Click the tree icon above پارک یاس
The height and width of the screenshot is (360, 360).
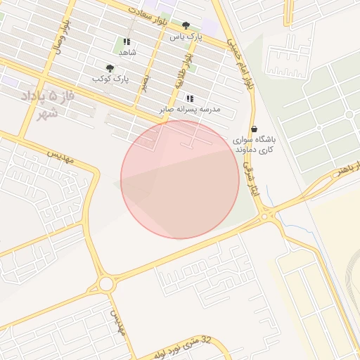point(186,25)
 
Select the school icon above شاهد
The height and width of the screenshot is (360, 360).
point(127,41)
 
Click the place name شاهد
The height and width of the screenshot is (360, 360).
point(127,52)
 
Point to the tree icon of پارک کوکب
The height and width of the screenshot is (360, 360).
point(110,68)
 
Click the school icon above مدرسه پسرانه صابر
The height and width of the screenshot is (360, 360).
point(190,98)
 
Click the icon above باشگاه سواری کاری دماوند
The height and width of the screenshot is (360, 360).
point(254,129)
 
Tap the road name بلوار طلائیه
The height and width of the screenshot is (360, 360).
point(184,70)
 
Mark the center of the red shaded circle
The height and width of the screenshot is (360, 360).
point(180,179)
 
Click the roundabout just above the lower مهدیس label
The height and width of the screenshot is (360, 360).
point(106,284)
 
